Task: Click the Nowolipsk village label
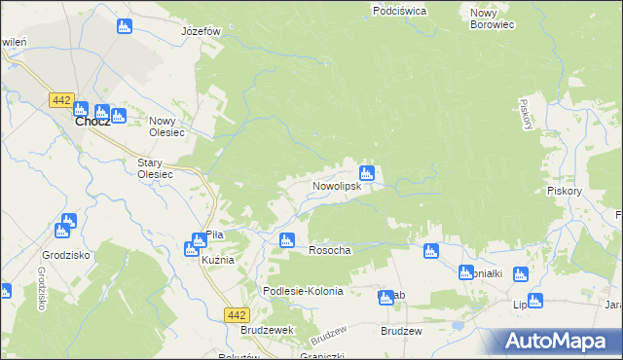point(338,185)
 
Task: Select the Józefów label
point(202,31)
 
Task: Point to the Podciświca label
point(399,11)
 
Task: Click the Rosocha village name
point(329,250)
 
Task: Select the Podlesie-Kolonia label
point(304,291)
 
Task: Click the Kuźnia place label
point(218,261)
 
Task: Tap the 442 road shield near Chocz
point(61,100)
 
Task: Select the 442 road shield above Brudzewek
point(236,314)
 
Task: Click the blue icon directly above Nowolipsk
point(367,172)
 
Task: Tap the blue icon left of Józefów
point(124,26)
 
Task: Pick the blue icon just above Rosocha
point(286,240)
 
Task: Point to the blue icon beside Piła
point(192,248)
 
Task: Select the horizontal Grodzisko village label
point(59,256)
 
